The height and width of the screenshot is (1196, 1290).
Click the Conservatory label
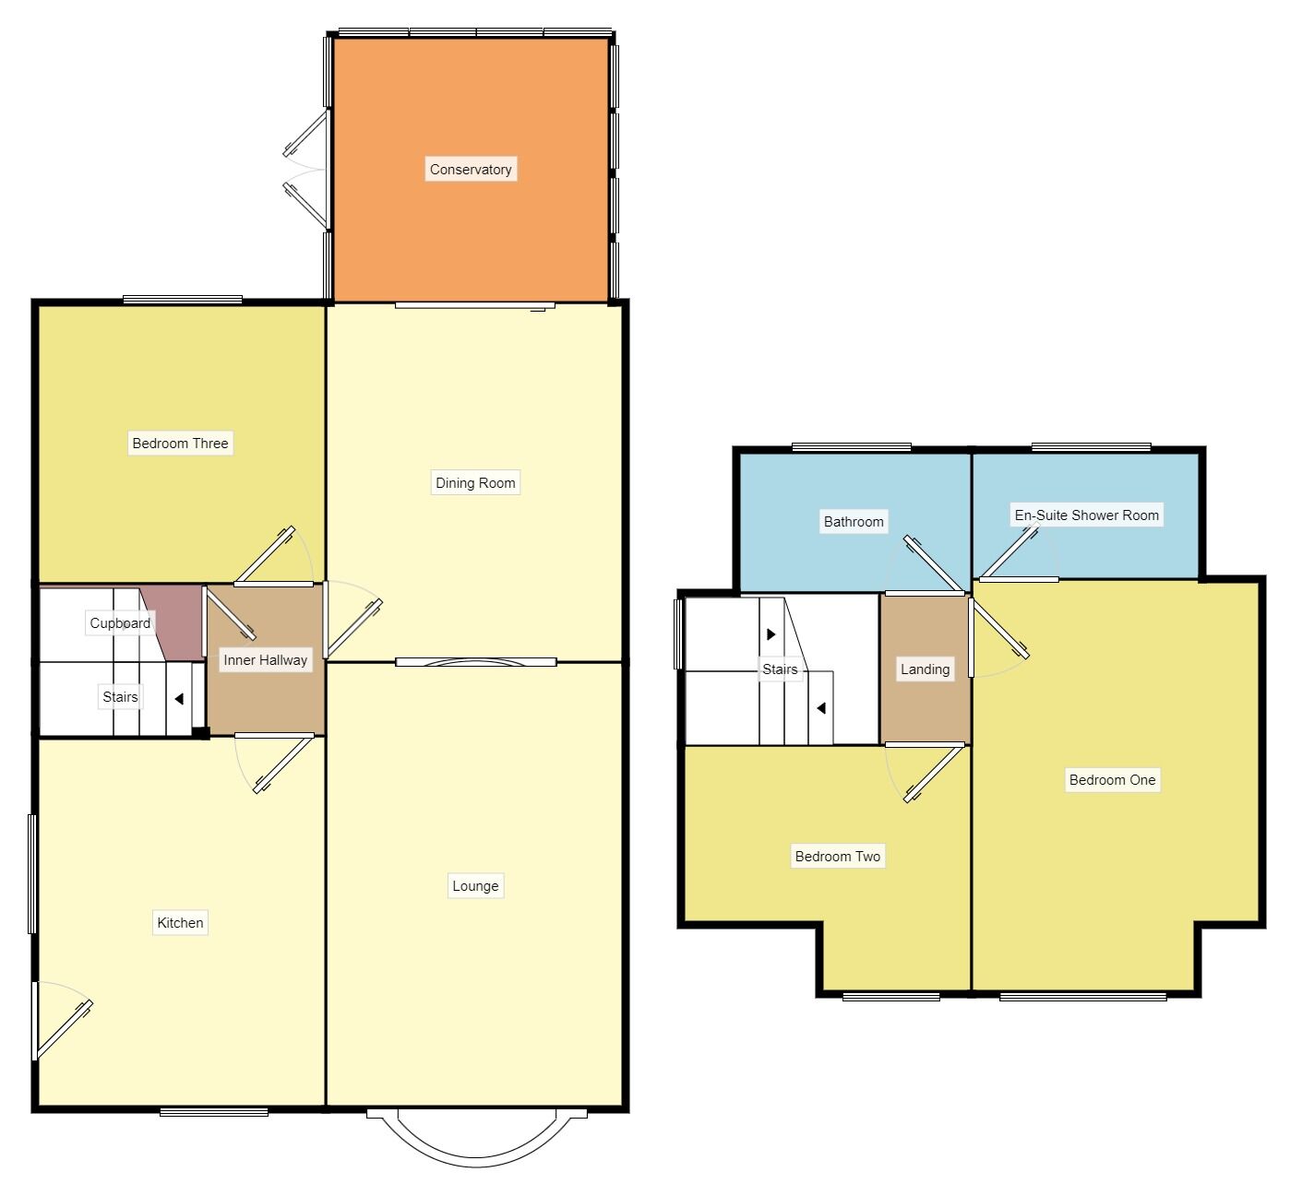tap(471, 170)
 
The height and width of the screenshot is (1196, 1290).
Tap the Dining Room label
tap(475, 482)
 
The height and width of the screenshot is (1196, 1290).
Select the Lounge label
tap(475, 886)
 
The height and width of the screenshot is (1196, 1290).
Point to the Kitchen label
tap(180, 923)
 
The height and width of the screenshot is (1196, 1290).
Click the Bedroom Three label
tap(180, 444)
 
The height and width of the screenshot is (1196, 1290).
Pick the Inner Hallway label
tap(265, 660)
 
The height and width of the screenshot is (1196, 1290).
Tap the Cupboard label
tap(120, 623)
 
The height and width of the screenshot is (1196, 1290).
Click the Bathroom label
tap(854, 522)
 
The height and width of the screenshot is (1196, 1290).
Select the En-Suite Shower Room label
tap(1086, 515)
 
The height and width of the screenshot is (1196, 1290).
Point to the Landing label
tap(925, 669)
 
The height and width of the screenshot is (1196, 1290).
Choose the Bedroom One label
tap(1112, 780)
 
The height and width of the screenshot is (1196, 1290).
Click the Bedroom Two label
tap(838, 857)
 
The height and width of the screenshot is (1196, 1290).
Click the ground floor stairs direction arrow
tap(179, 699)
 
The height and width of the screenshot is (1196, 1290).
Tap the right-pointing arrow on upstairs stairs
tap(771, 634)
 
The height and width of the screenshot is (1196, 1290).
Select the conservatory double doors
tap(307, 170)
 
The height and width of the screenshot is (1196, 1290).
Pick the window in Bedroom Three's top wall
tap(183, 300)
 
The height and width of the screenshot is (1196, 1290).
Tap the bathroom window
tap(851, 448)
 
